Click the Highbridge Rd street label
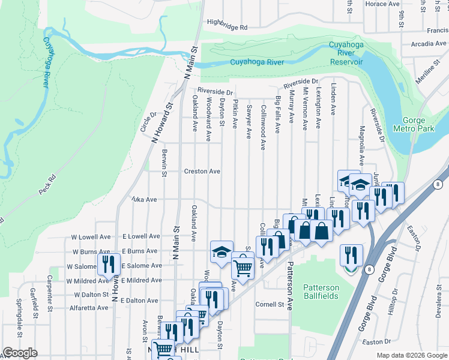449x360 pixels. click(227, 28)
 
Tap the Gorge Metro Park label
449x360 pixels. click(420, 124)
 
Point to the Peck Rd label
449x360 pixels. click(47, 184)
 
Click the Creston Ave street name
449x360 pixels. click(202, 172)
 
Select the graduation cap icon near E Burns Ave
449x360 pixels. click(221, 251)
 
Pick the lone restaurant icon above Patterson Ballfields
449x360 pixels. click(351, 254)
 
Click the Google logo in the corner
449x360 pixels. click(20, 353)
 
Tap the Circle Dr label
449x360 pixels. click(148, 122)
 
